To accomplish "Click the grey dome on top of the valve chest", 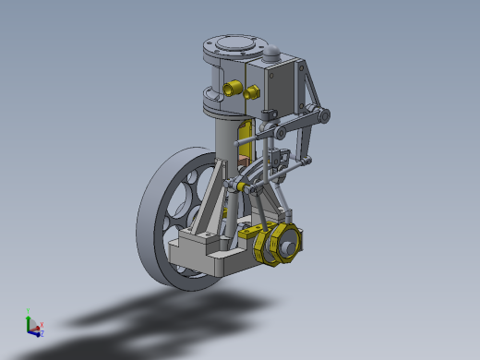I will (274, 55).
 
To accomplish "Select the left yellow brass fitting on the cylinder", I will (231, 90).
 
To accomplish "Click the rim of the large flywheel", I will (150, 231).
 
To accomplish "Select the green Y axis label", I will (30, 312).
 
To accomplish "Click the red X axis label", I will (42, 324).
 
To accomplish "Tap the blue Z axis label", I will (41, 333).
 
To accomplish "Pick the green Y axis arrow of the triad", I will (30, 319).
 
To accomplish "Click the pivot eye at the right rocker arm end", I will (324, 114).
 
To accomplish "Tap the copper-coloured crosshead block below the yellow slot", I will (245, 157).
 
